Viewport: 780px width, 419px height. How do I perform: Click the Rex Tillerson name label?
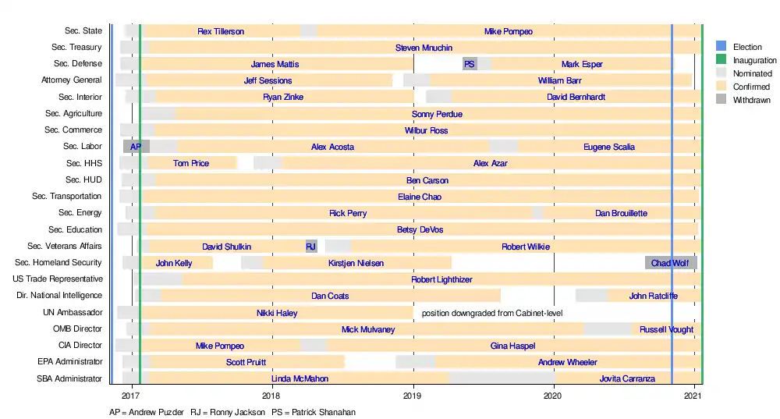click(x=221, y=31)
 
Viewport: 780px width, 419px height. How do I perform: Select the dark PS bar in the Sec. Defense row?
click(x=470, y=64)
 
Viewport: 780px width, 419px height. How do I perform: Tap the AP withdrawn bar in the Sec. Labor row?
click(x=136, y=147)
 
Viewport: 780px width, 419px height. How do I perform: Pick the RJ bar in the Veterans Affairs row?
click(x=311, y=247)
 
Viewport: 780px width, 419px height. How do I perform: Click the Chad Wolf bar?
click(x=671, y=263)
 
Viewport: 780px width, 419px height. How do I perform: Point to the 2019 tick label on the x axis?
click(x=413, y=396)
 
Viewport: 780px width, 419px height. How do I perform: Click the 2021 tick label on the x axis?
click(x=695, y=396)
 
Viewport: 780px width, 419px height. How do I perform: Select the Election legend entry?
click(x=747, y=47)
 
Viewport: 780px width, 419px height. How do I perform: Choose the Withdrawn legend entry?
click(x=751, y=100)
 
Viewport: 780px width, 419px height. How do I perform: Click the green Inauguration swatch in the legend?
click(x=721, y=60)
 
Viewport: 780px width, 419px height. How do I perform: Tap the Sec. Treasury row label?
click(x=74, y=48)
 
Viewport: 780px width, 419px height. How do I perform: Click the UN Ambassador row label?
click(x=72, y=312)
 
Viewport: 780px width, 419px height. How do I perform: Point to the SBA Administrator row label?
click(x=69, y=378)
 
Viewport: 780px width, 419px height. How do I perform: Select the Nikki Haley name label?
click(x=277, y=313)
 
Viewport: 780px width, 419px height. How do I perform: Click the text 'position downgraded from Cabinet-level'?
click(x=492, y=313)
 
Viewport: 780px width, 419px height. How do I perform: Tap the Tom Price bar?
click(x=191, y=163)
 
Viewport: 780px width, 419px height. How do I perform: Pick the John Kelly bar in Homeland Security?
click(x=174, y=263)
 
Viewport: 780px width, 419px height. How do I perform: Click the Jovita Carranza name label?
click(x=627, y=378)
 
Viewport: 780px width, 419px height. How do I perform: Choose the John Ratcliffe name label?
click(x=654, y=296)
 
